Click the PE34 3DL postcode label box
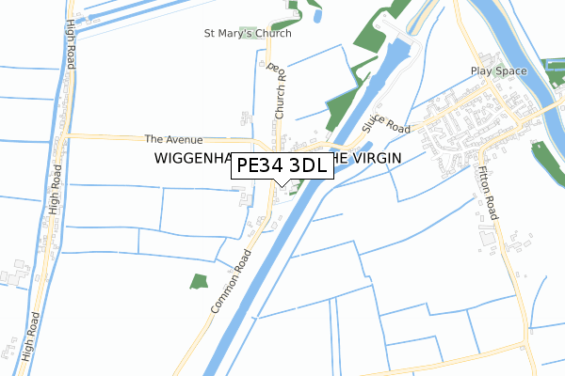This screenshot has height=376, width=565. pos(281,165)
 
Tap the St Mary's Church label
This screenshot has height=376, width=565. pos(248,33)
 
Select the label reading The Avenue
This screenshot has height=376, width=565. pos(173,138)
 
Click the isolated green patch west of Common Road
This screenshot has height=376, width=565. pos(198,280)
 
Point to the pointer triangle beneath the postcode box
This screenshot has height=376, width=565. pos(281,182)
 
